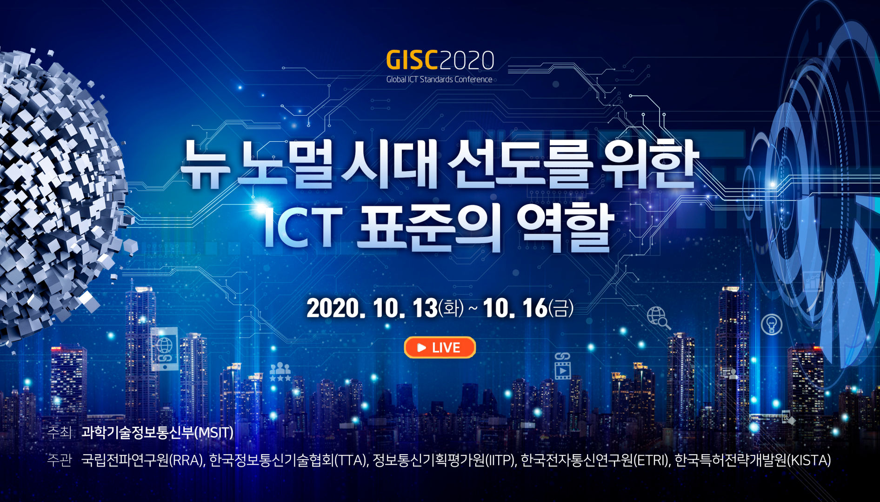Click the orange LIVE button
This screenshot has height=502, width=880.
(x=440, y=347)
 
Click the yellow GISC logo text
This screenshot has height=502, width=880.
(x=412, y=60)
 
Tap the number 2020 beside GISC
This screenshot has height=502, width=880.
(x=467, y=60)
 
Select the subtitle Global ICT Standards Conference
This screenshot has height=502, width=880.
(x=439, y=79)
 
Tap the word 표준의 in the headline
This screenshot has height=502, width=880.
(x=428, y=228)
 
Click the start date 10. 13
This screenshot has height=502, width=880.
(x=405, y=308)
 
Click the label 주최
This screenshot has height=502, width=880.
(x=59, y=432)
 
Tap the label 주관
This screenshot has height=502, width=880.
(x=59, y=460)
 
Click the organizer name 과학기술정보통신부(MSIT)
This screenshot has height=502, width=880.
(x=157, y=432)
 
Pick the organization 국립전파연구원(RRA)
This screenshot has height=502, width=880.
(x=143, y=460)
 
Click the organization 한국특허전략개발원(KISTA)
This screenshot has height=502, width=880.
(x=753, y=460)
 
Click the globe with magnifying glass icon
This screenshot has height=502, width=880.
(x=658, y=318)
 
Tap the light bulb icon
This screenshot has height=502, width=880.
(x=772, y=324)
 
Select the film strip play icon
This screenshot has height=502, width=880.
(x=562, y=366)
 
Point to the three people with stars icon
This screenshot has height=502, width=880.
(x=280, y=372)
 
